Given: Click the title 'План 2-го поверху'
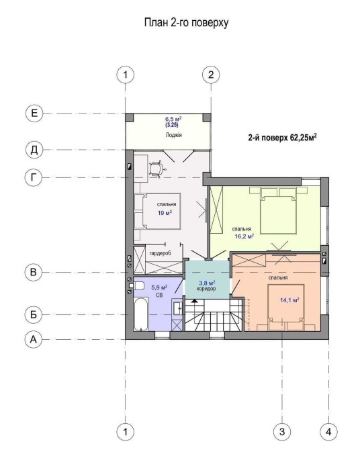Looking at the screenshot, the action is [x=186, y=22].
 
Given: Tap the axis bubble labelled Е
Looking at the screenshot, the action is [x=34, y=113].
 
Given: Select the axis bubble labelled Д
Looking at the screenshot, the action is [x=34, y=150].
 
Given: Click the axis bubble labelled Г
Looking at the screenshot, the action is [x=34, y=177].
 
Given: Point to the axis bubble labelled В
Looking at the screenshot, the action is [x=34, y=272].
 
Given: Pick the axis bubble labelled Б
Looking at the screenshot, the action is [x=34, y=314].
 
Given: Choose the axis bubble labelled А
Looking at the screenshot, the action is [x=34, y=339].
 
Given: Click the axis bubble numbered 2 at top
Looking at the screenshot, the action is [x=211, y=75].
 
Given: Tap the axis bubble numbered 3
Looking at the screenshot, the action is [x=282, y=431].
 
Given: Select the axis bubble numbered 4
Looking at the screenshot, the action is [x=328, y=431].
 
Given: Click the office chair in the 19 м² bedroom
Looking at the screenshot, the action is [x=156, y=169].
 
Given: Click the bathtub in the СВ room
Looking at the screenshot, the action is [x=141, y=314].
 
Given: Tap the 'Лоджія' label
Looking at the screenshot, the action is [x=174, y=135].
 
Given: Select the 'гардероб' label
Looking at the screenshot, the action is [x=161, y=253].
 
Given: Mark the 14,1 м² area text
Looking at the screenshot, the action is [x=289, y=300].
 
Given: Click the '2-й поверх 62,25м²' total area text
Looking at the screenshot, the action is [x=282, y=138].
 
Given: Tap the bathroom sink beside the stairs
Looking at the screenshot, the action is [x=177, y=308].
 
